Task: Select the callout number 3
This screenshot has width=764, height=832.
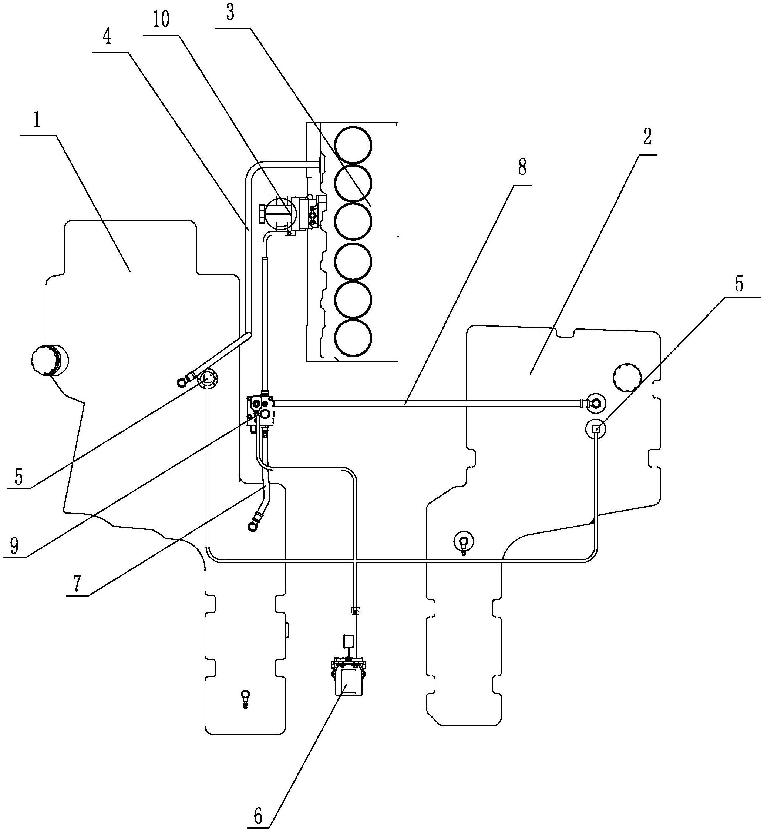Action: [230, 13]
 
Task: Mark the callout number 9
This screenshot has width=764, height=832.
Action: [14, 547]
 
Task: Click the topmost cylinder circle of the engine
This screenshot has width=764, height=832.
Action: [353, 145]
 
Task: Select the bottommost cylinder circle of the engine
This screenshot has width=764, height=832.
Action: [353, 338]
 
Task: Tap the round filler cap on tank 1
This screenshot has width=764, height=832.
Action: [49, 361]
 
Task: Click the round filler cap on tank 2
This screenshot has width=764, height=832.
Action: [627, 377]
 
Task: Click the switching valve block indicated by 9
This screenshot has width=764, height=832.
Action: [261, 411]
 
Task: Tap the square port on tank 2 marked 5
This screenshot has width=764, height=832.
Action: [596, 429]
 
